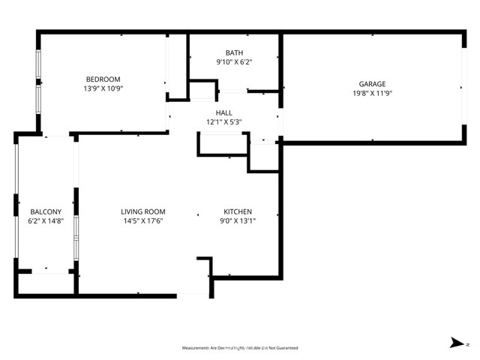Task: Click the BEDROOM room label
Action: pyautogui.click(x=103, y=79)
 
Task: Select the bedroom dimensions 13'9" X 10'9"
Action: pyautogui.click(x=103, y=88)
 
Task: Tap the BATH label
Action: pyautogui.click(x=234, y=52)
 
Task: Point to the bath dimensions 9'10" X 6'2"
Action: pyautogui.click(x=234, y=62)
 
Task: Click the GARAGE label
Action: pyautogui.click(x=372, y=84)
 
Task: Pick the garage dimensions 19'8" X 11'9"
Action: pyautogui.click(x=372, y=94)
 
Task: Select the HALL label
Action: pyautogui.click(x=223, y=112)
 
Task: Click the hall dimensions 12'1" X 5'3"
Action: pyautogui.click(x=223, y=121)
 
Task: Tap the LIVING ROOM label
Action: pyautogui.click(x=142, y=211)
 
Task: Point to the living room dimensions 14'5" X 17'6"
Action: pyautogui.click(x=142, y=221)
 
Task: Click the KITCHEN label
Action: pyautogui.click(x=237, y=211)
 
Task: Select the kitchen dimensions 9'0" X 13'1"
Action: pyautogui.click(x=237, y=221)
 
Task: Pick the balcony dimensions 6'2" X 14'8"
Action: pyautogui.click(x=45, y=221)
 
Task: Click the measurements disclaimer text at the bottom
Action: pyautogui.click(x=240, y=348)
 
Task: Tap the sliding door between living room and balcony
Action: pyautogui.click(x=74, y=225)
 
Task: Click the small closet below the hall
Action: pyautogui.click(x=263, y=156)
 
